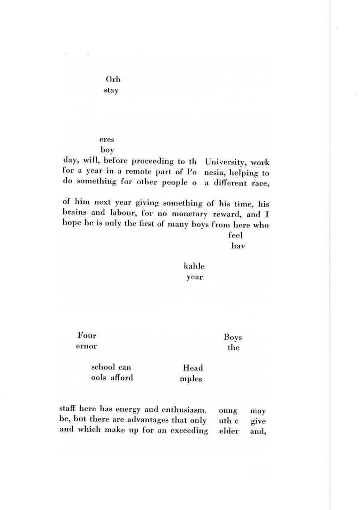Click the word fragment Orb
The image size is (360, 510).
point(113,79)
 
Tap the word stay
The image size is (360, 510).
point(111,90)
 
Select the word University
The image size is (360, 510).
point(226,162)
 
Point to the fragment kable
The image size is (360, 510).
point(194,267)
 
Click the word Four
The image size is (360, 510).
point(87,336)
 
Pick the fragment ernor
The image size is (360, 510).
point(86,346)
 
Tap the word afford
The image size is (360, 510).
point(122,378)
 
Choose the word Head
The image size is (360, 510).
point(193,368)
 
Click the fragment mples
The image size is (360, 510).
point(191,379)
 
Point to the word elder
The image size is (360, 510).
point(229,431)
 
